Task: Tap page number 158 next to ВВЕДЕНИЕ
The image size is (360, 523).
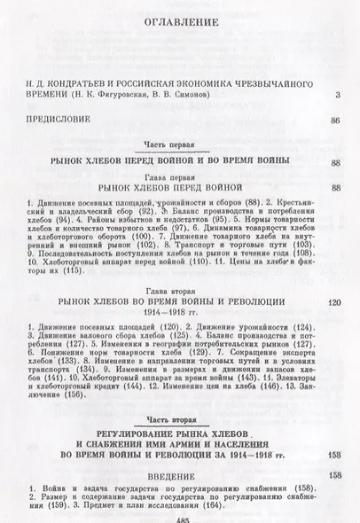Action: tap(335, 477)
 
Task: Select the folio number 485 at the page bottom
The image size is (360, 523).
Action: tap(180, 517)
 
